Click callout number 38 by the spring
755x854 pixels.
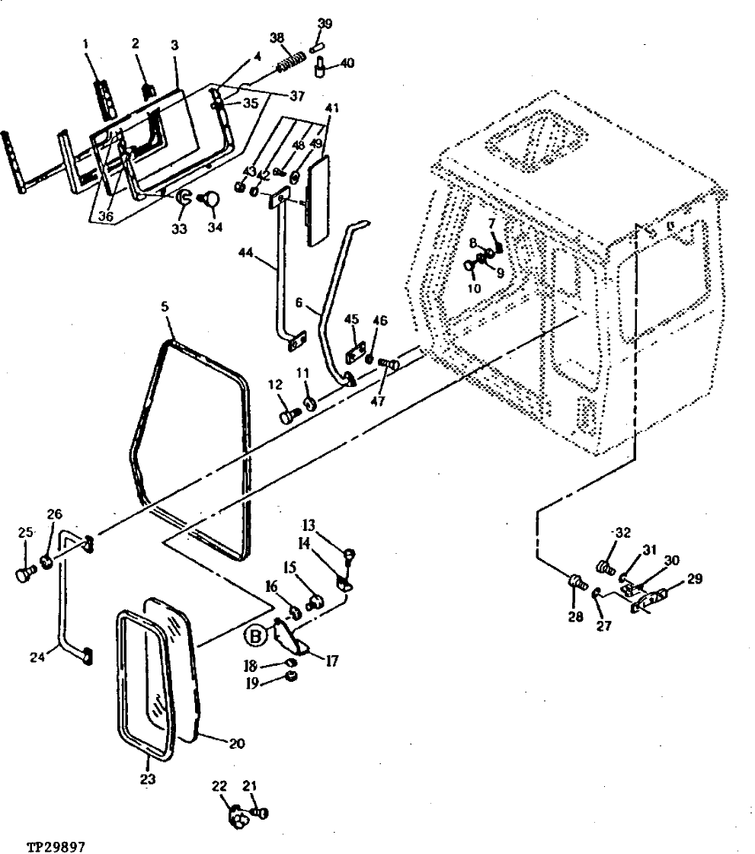click(277, 38)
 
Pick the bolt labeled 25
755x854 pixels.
click(24, 573)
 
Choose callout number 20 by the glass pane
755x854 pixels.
click(237, 742)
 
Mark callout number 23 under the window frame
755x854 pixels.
click(147, 779)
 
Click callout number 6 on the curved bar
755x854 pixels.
click(300, 302)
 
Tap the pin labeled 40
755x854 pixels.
click(322, 70)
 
